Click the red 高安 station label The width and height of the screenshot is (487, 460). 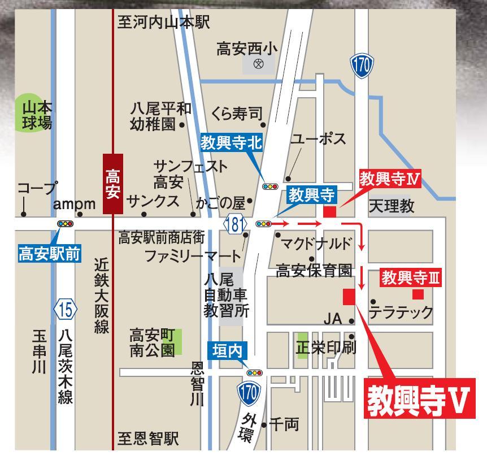[113, 184]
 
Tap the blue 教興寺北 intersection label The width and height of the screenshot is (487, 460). [232, 143]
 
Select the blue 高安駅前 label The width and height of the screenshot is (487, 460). [50, 254]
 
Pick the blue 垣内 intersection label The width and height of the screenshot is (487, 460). [228, 350]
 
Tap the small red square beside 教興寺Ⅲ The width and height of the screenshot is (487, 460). [418, 294]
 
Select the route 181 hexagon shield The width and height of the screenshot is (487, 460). [236, 224]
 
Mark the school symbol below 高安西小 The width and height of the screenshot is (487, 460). [259, 64]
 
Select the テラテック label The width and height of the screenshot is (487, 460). [401, 311]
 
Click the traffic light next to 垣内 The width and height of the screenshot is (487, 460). [255, 373]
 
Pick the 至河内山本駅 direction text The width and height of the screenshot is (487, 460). [163, 23]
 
